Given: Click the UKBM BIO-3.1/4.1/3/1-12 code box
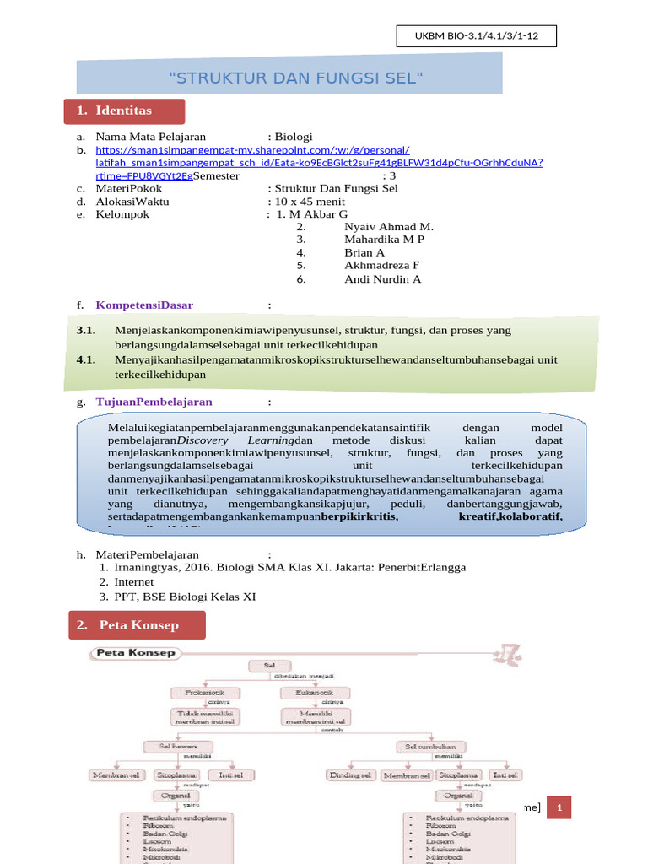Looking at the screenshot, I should pyautogui.click(x=476, y=37).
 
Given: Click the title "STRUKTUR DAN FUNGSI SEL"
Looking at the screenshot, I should pyautogui.click(x=295, y=78).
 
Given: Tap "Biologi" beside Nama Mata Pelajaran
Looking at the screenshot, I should pyautogui.click(x=294, y=136).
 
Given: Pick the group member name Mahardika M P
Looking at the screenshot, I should pyautogui.click(x=384, y=240).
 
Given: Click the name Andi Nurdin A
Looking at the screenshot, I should pyautogui.click(x=382, y=278).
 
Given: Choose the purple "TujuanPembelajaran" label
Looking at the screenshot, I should pyautogui.click(x=154, y=402).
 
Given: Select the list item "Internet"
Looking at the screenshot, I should pyautogui.click(x=134, y=581).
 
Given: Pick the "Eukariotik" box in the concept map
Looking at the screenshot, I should pyautogui.click(x=307, y=693).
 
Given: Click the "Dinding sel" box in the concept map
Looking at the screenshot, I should pyautogui.click(x=350, y=775).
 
